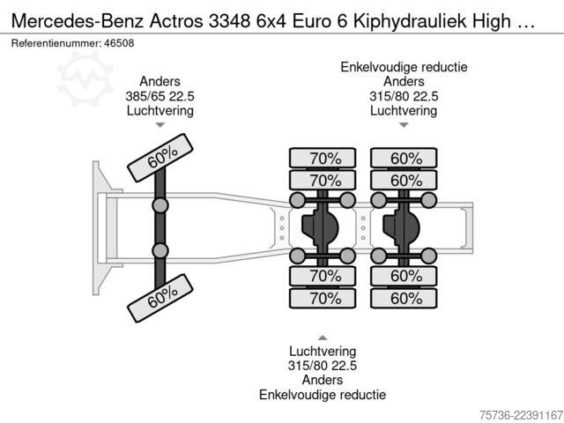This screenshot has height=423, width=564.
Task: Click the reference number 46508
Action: click(119, 43)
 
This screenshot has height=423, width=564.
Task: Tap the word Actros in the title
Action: click(176, 20)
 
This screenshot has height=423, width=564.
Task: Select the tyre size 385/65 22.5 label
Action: click(160, 96)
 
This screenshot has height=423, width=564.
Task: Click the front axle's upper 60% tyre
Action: click(160, 158)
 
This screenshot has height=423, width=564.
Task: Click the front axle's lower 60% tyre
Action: click(160, 298)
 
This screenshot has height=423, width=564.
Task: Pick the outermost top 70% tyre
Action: click(323, 158)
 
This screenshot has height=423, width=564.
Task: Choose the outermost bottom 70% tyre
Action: click(323, 298)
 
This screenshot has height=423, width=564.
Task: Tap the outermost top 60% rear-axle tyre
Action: click(404, 158)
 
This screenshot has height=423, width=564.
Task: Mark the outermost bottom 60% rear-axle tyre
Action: click(404, 298)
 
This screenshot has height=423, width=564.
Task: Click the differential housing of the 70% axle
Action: click(320, 227)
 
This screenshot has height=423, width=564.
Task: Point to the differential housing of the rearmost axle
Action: click(402, 227)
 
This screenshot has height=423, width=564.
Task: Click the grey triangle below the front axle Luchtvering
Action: click(160, 125)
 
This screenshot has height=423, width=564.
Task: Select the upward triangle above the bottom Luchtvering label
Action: click(323, 338)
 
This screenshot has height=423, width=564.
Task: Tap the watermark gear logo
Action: click(85, 79)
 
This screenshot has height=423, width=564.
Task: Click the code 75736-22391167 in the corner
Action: click(521, 415)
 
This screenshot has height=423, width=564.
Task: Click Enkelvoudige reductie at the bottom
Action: click(323, 395)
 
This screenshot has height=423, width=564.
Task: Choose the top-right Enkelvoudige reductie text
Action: click(404, 67)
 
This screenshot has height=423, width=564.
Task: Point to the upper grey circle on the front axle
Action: click(160, 205)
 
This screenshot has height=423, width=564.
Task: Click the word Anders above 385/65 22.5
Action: click(160, 81)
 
